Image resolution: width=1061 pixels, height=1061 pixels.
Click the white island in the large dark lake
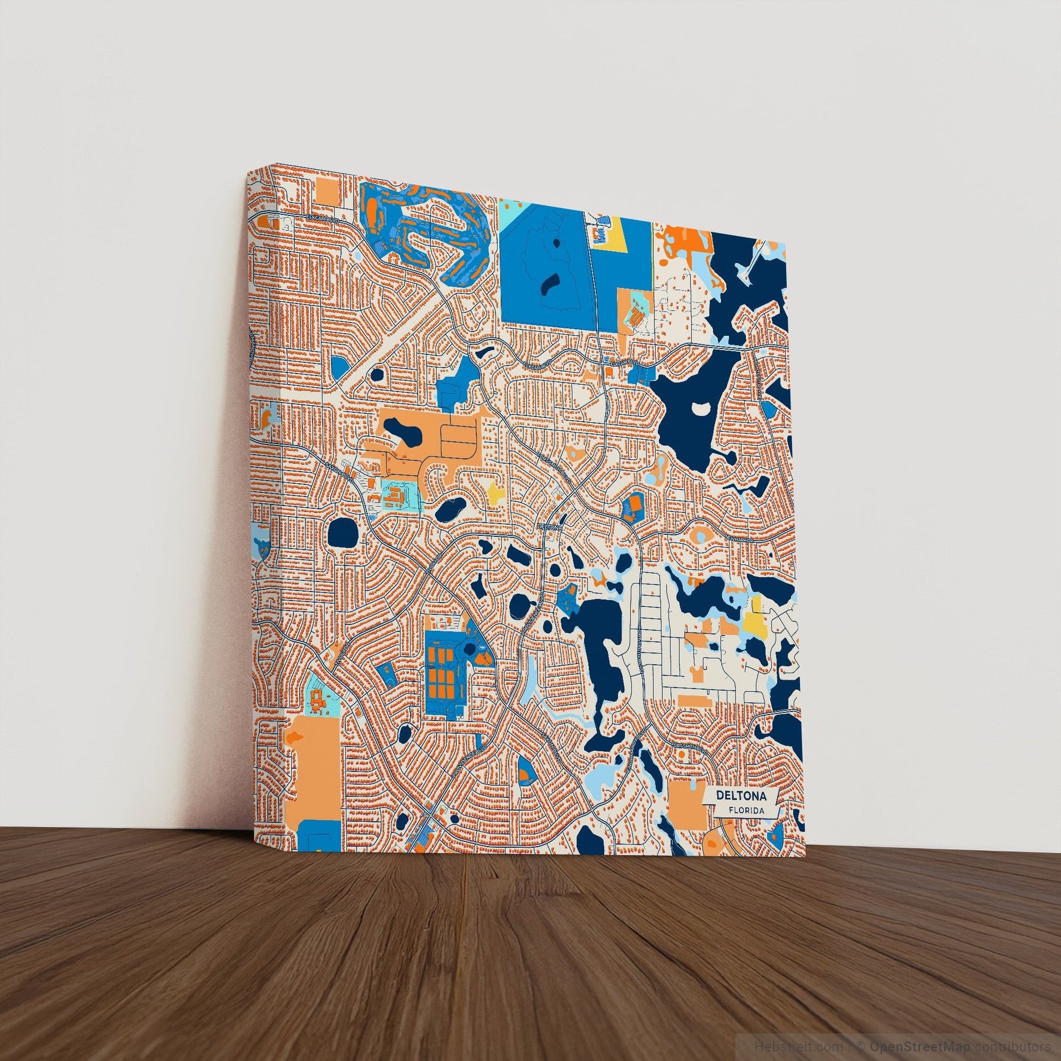click(701, 408)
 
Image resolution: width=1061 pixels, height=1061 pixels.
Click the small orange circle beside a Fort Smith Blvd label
click(682, 757)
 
